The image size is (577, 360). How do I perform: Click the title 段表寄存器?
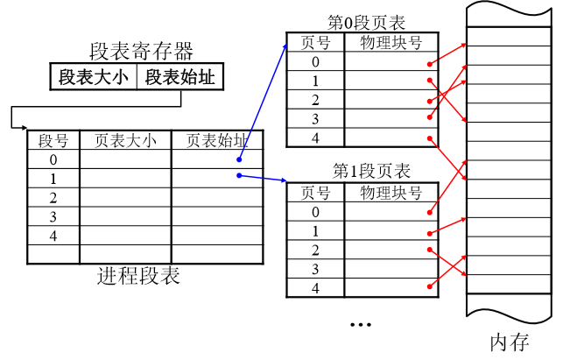pyautogui.click(x=141, y=50)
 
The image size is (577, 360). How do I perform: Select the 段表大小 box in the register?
pyautogui.click(x=93, y=77)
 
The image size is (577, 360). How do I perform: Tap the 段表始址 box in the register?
pyautogui.click(x=179, y=77)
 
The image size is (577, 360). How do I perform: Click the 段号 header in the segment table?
pyautogui.click(x=53, y=141)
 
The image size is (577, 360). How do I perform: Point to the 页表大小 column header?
pyautogui.click(x=124, y=141)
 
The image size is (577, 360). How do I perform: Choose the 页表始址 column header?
pyautogui.click(x=217, y=141)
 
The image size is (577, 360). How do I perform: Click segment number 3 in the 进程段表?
pyautogui.click(x=53, y=216)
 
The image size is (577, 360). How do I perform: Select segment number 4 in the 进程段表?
pyautogui.click(x=53, y=236)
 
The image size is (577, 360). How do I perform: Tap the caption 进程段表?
pyautogui.click(x=138, y=278)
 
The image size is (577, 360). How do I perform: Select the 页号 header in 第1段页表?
pyautogui.click(x=315, y=192)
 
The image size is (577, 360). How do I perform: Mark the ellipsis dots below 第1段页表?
pyautogui.click(x=362, y=324)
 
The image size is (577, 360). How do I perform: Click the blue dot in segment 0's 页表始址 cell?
pyautogui.click(x=238, y=159)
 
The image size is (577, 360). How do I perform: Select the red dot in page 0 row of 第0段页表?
pyautogui.click(x=429, y=64)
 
